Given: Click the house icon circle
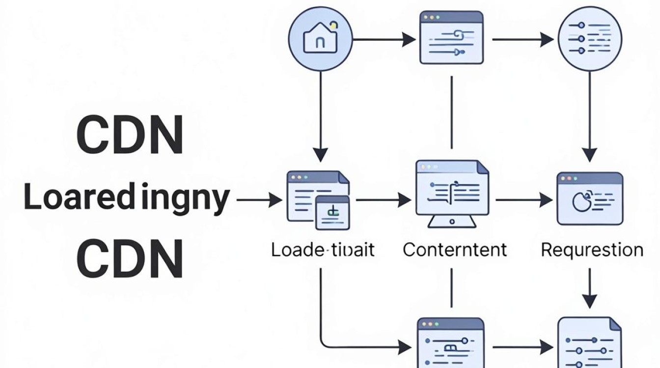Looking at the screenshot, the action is click(x=320, y=39).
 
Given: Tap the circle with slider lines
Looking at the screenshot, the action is click(x=590, y=39).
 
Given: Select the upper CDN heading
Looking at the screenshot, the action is click(x=130, y=134).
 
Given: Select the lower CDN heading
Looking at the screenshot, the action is click(x=130, y=258).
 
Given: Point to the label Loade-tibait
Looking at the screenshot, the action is click(x=323, y=250).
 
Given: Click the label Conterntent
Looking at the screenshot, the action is click(x=455, y=250).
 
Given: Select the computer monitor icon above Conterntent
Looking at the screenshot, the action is click(x=452, y=194).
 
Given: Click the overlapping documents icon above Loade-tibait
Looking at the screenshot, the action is click(x=318, y=200).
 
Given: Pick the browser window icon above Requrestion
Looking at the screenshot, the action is click(x=590, y=199).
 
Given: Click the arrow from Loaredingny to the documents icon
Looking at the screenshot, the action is click(x=259, y=200).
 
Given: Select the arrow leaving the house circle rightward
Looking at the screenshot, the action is click(x=384, y=39).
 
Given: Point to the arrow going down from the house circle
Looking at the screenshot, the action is click(x=320, y=117).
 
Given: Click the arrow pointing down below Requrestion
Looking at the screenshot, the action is click(x=590, y=289).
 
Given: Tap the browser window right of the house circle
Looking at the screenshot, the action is click(x=451, y=37).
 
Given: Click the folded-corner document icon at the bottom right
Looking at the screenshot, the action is click(x=590, y=342).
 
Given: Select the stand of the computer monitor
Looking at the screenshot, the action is click(x=452, y=221).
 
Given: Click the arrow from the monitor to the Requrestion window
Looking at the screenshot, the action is click(x=524, y=200).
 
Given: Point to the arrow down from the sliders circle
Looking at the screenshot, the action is click(x=590, y=117).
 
